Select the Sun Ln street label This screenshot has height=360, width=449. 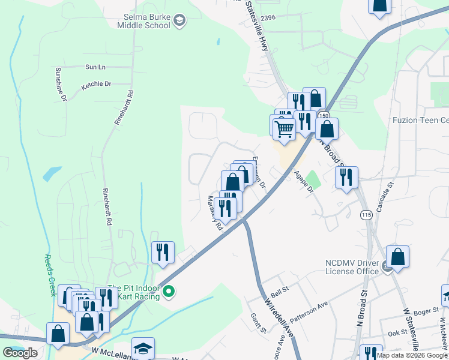(x=95, y=67)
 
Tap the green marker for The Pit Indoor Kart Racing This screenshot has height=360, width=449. (x=169, y=292)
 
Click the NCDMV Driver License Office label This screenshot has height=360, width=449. (x=352, y=267)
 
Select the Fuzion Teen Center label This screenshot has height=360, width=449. (x=420, y=120)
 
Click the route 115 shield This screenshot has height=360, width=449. (x=366, y=214)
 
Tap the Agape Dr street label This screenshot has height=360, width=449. (x=307, y=180)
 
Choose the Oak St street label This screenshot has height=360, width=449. (x=397, y=333)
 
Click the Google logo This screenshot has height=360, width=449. (x=20, y=352)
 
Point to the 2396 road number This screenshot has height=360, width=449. (x=268, y=18)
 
